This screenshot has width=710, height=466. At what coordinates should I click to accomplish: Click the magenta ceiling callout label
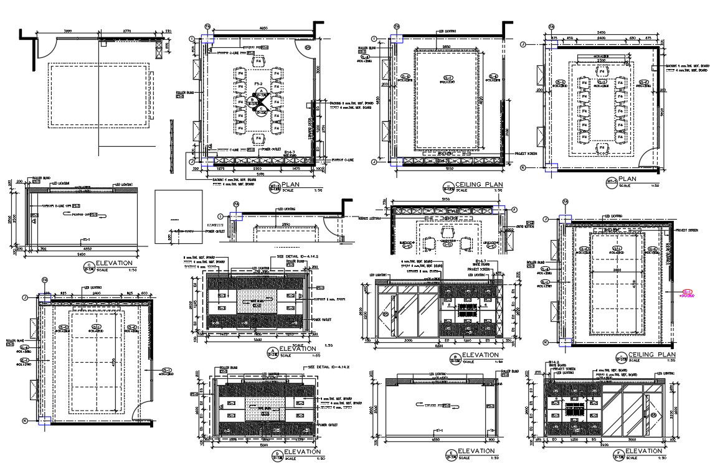pos(687,293)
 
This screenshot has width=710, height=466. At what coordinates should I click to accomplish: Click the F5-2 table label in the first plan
pos(257,83)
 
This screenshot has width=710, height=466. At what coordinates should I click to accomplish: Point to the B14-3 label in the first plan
pos(289,152)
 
